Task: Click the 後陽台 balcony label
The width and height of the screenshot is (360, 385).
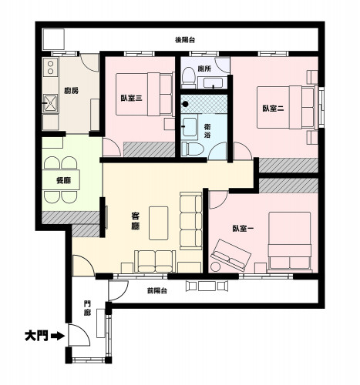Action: coord(185,40)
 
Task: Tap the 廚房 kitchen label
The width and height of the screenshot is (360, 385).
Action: coord(71,91)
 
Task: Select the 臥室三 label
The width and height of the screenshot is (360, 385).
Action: coord(131,98)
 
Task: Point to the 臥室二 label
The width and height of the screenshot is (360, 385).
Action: coord(273,109)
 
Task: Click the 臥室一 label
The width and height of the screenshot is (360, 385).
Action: coord(243,229)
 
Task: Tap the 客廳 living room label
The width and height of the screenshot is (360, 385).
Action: coord(136,221)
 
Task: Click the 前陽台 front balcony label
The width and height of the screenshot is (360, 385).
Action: coord(157,290)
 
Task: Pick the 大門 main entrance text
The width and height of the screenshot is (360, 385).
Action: coord(36,336)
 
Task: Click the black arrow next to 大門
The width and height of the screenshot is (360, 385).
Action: coord(58,336)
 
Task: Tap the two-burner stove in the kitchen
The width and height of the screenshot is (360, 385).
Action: coord(51,68)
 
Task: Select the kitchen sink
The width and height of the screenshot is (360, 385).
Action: coord(50,103)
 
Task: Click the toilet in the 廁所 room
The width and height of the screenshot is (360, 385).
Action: coord(189,76)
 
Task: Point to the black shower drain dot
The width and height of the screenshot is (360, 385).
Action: coord(185,104)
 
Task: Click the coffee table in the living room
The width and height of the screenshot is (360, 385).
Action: coord(159,223)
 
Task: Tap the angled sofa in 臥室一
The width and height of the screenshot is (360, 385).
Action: coord(230,255)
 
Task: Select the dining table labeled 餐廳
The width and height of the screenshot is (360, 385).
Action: coord(61,179)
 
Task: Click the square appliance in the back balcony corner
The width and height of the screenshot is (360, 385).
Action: coord(53,39)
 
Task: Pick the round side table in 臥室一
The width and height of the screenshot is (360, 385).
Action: coord(215,266)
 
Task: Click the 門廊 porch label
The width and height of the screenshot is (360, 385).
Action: coord(87,309)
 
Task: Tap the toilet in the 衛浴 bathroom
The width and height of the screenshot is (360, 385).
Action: coord(193,149)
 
